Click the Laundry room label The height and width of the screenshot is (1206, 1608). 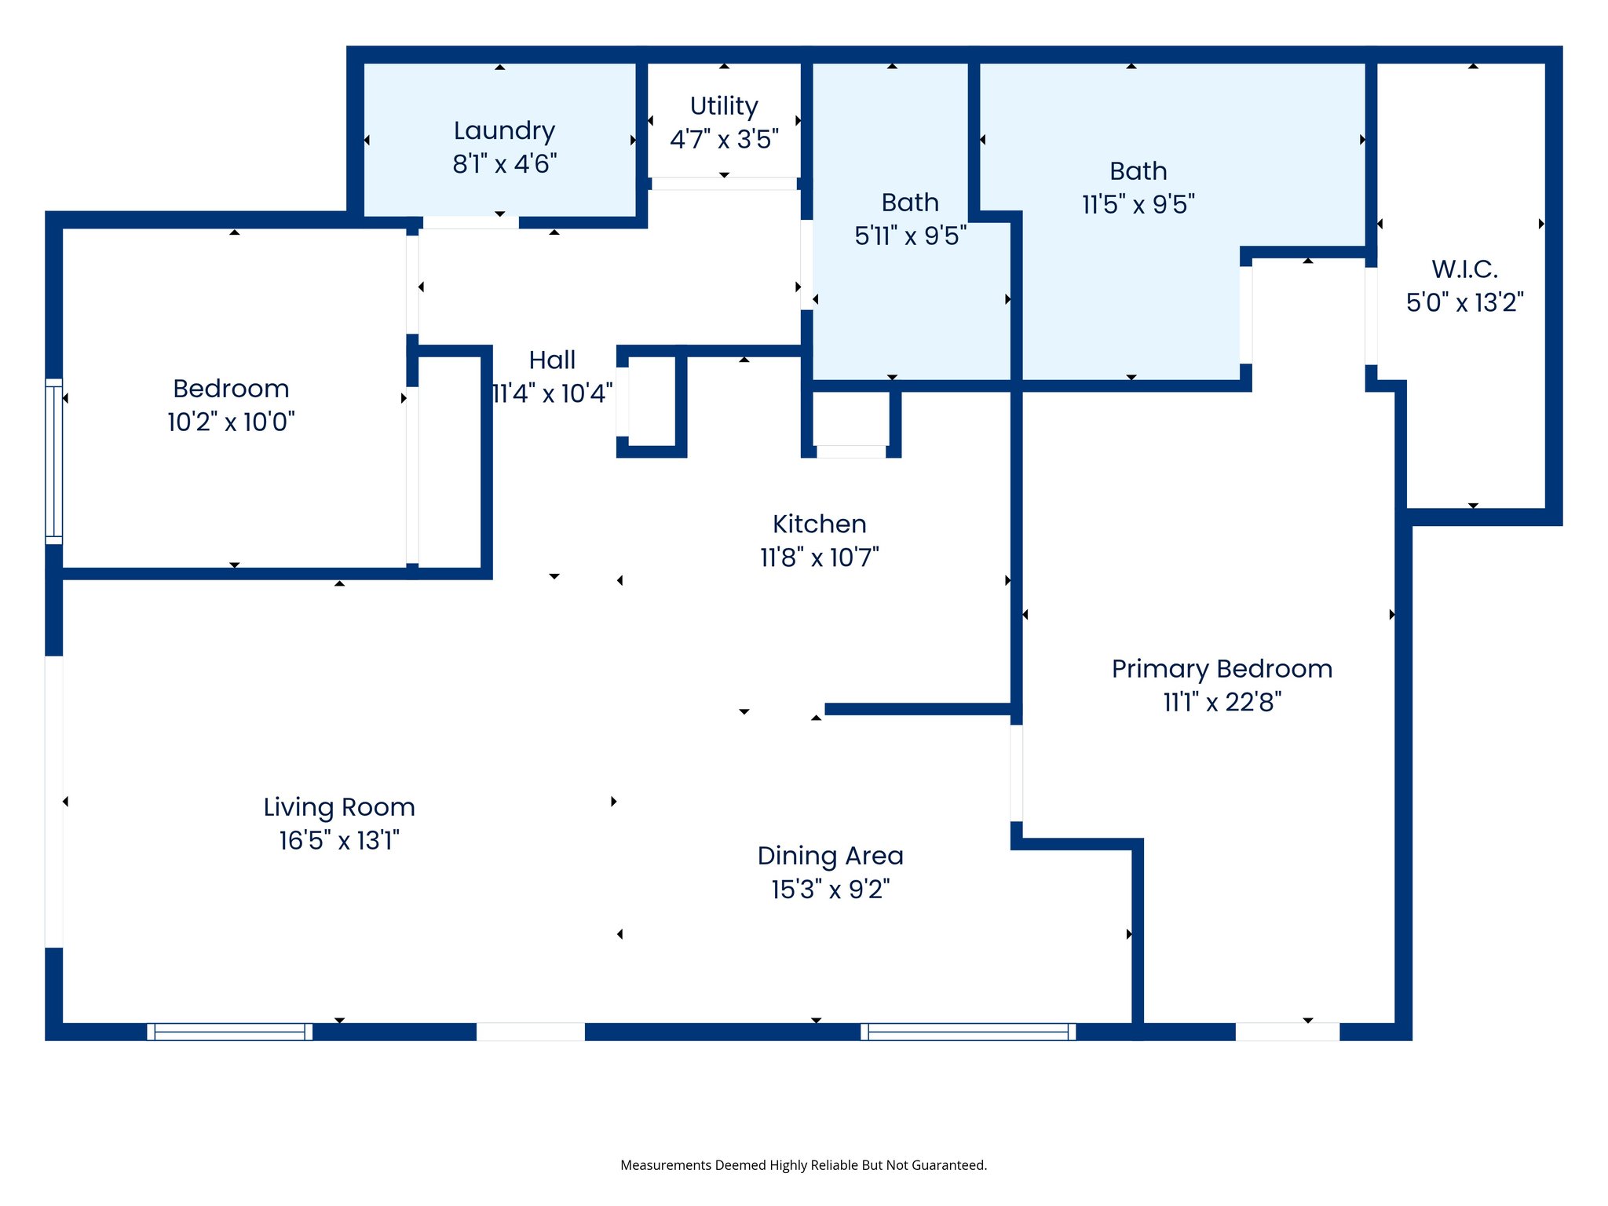pos(504,130)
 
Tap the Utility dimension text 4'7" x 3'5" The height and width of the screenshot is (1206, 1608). pos(724,140)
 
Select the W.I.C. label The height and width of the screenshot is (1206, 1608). pos(1464,269)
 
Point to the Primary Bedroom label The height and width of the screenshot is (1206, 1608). pos(1222,669)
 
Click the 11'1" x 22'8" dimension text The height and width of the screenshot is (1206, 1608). pos(1222,702)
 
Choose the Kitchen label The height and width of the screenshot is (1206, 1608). pos(819,524)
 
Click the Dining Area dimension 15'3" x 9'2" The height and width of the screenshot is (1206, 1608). pos(830,890)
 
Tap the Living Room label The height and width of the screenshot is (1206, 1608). pos(338,807)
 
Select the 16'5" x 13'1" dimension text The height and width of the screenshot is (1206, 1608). pos(338,841)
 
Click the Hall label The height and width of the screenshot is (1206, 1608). pos(552,360)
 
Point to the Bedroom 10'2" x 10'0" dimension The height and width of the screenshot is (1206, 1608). pos(231,422)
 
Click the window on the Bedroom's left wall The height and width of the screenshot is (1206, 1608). pos(53,461)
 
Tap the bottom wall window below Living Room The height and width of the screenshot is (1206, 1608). pos(229,1032)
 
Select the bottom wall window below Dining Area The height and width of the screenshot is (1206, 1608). pos(967,1032)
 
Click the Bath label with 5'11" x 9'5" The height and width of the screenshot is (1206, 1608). pos(909,203)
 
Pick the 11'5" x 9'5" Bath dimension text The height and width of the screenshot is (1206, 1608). pos(1138,205)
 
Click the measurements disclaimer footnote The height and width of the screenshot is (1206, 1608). pos(803,1165)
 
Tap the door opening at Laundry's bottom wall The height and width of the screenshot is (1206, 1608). pos(470,223)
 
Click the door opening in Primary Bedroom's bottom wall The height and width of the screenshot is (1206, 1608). pos(1287,1032)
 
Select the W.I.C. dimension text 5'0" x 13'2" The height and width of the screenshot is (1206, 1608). pos(1464,302)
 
